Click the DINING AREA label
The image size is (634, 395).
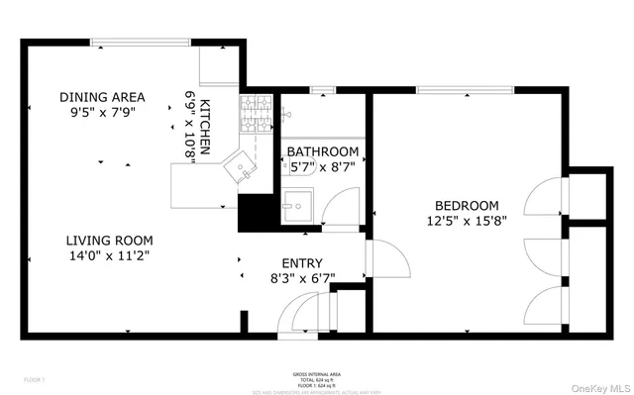(x=102, y=97)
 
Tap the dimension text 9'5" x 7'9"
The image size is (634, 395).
(x=102, y=113)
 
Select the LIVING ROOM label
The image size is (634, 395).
(x=109, y=241)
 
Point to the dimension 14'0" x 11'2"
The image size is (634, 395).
(x=109, y=256)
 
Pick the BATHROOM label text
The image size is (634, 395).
(x=322, y=151)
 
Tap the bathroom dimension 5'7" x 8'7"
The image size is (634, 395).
(x=322, y=167)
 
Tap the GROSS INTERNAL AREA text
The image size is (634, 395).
(x=316, y=373)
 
